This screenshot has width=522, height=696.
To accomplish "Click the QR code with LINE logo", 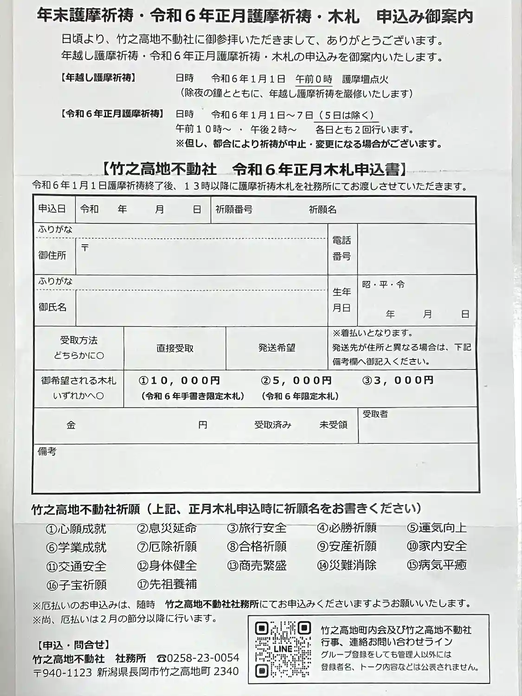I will click(283, 649).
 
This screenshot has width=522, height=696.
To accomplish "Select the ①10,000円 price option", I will click(180, 380).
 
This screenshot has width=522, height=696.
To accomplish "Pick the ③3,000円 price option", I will click(398, 380).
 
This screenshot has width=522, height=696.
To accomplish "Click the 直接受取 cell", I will click(175, 348).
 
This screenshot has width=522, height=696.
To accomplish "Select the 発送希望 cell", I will click(277, 348).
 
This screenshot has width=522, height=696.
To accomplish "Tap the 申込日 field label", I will click(52, 209).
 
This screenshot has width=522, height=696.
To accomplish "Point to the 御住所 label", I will click(52, 255).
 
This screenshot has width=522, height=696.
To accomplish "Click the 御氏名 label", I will click(52, 307).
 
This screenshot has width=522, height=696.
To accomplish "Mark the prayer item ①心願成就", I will click(76, 528).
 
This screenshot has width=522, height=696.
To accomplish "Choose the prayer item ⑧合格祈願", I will click(257, 547).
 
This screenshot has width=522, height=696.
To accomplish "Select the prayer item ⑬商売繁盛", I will click(257, 566).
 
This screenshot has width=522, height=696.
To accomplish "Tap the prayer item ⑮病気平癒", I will click(437, 565).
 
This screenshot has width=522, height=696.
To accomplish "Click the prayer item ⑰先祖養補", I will click(167, 584).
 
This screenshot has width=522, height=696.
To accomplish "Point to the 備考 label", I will click(47, 451).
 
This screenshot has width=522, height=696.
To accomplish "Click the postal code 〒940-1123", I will click(63, 672).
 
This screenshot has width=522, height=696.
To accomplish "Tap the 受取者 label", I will click(375, 414).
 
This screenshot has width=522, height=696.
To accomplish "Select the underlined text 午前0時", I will click(314, 79).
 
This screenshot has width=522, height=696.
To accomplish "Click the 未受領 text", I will click(333, 425).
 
